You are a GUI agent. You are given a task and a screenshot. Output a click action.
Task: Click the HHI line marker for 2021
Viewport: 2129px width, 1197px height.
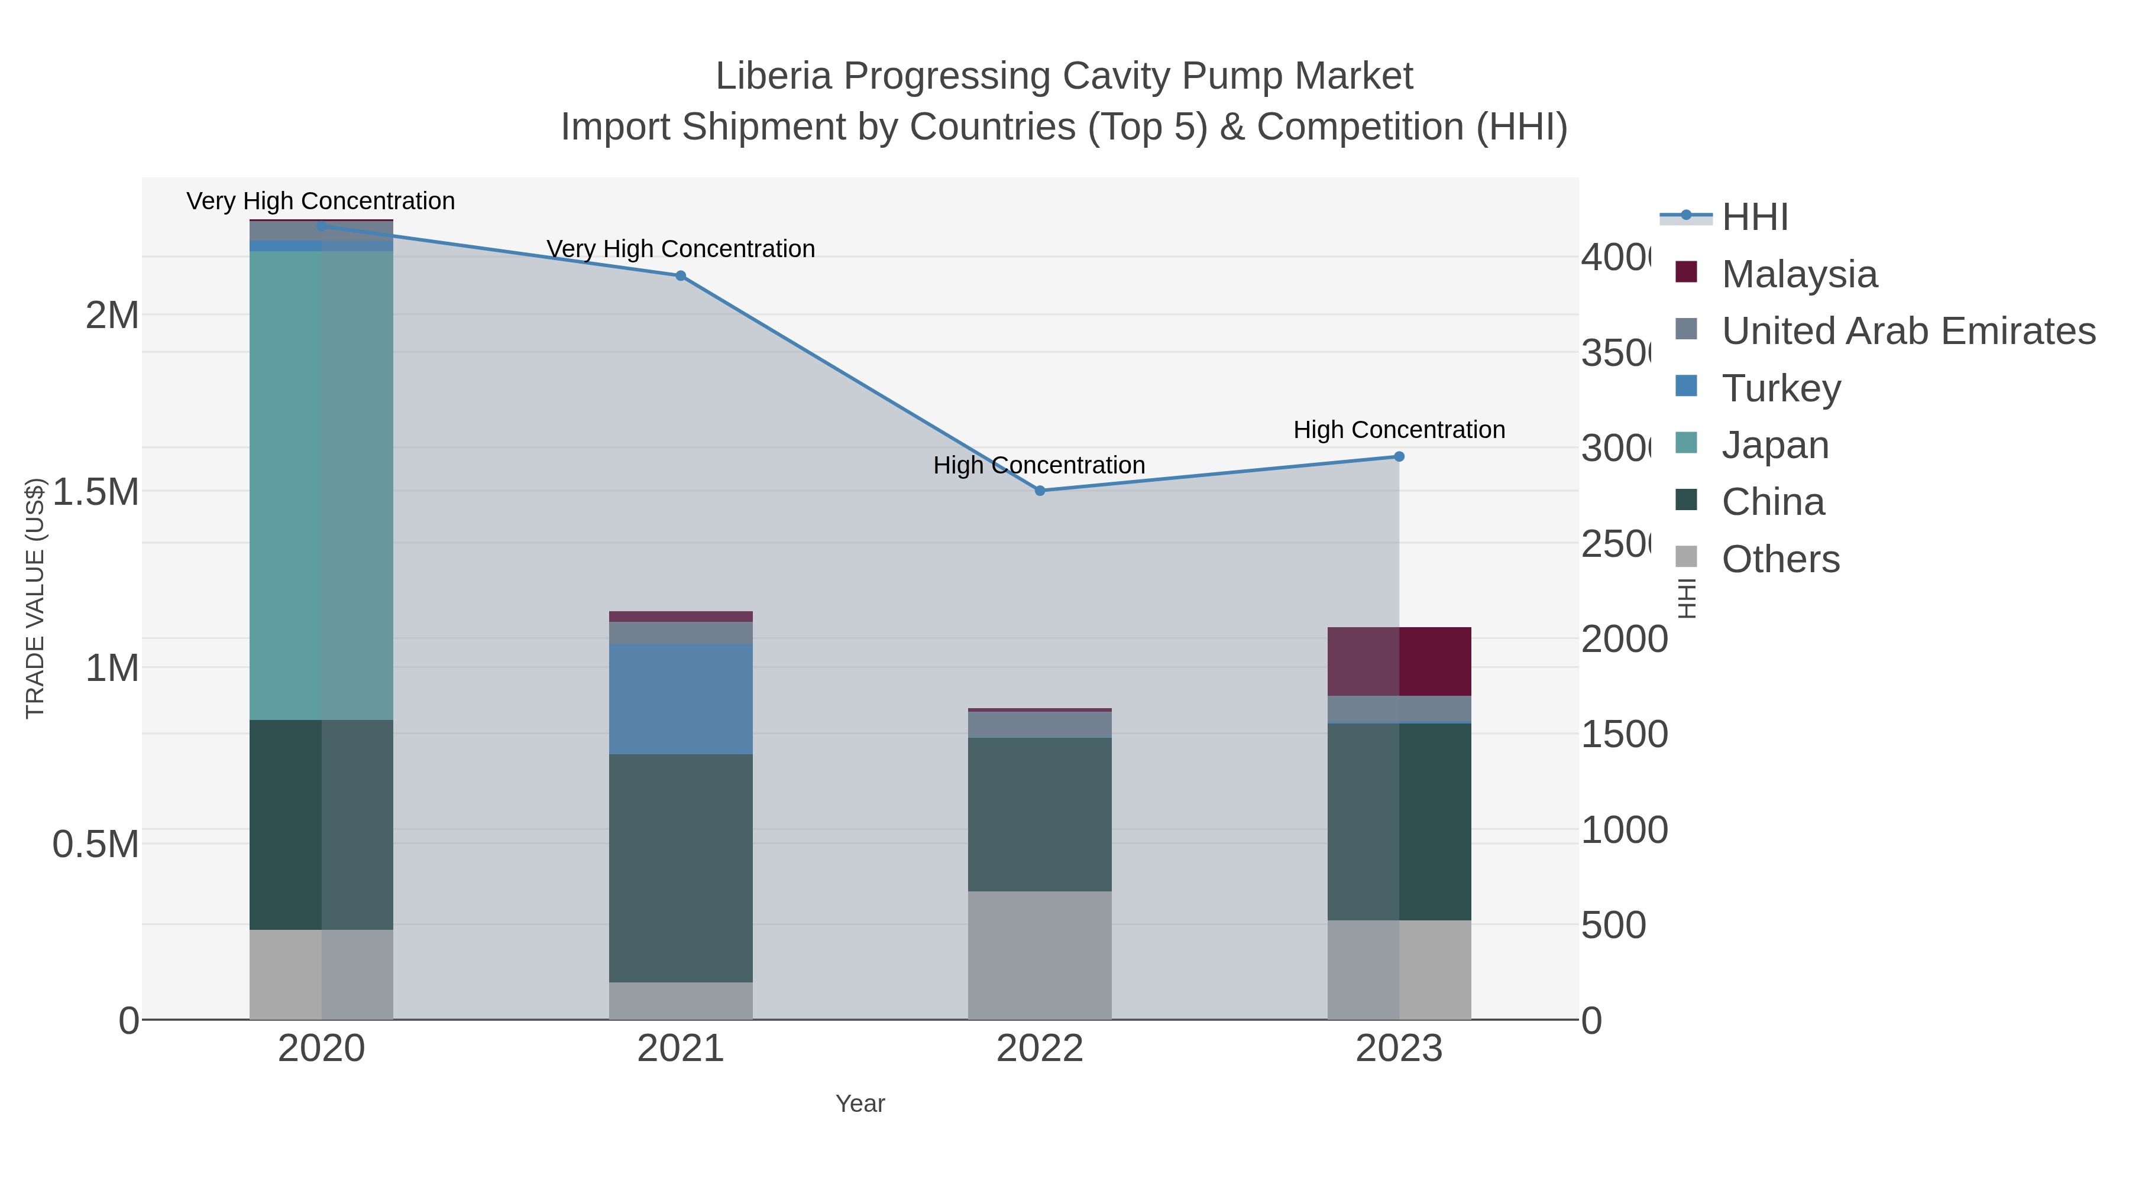[x=680, y=276]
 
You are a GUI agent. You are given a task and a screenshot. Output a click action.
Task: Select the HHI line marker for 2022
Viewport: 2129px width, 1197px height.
[x=1040, y=491]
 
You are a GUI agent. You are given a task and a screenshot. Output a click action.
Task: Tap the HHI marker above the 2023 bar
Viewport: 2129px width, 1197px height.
[x=1399, y=457]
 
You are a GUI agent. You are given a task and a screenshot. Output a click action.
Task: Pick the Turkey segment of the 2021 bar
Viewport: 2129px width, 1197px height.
[x=680, y=699]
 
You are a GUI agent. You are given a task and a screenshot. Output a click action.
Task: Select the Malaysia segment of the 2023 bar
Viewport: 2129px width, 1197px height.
[x=1399, y=661]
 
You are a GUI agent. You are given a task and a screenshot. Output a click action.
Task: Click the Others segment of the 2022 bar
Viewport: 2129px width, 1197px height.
[x=1040, y=955]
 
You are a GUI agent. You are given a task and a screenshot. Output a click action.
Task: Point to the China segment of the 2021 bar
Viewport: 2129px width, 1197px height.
[x=680, y=867]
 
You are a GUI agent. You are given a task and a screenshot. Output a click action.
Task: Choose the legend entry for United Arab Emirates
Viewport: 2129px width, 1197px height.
[x=1907, y=331]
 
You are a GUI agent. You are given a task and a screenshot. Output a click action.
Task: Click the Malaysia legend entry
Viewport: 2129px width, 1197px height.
[x=1798, y=274]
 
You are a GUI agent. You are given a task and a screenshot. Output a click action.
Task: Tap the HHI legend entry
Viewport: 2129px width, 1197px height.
[x=1754, y=218]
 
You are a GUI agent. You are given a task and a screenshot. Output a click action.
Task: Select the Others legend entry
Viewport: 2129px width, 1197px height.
[x=1779, y=559]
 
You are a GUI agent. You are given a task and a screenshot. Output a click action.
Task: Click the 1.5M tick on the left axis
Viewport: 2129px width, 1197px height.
[x=96, y=492]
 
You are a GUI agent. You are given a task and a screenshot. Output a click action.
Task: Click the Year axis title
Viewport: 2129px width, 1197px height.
[x=859, y=1104]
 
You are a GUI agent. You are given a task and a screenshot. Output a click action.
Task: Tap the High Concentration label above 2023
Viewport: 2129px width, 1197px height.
[x=1399, y=430]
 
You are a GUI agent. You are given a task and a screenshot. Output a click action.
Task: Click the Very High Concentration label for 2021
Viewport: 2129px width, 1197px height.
[x=680, y=249]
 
